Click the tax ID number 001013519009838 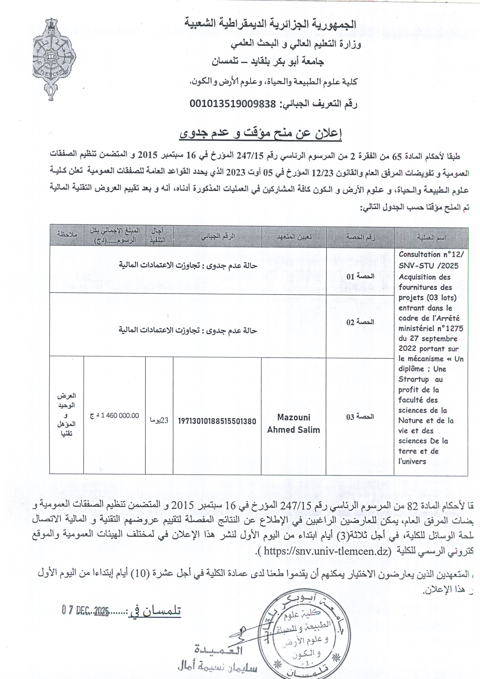(232, 104)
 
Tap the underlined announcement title (260, 134)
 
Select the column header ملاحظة (67, 234)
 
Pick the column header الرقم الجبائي (218, 236)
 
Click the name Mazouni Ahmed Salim (294, 424)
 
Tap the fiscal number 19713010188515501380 (217, 421)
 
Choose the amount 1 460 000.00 (119, 415)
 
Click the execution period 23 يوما (159, 420)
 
